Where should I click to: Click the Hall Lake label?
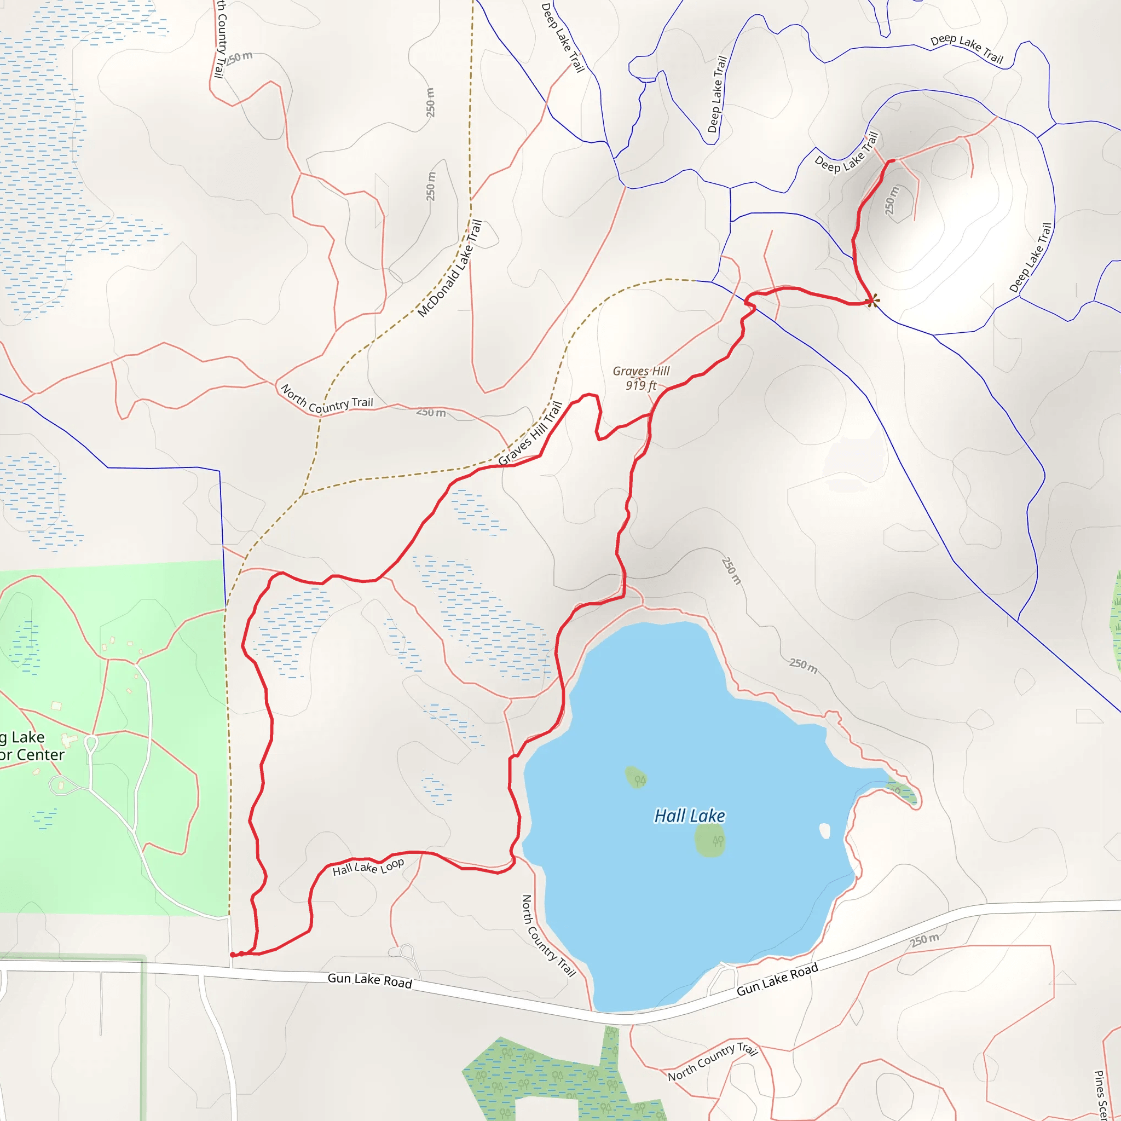(689, 816)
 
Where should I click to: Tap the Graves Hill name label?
(641, 371)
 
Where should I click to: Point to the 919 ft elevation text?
(640, 385)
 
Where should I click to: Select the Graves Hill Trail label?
(530, 434)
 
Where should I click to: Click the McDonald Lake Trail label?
(450, 269)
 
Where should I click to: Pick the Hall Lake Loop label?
(368, 868)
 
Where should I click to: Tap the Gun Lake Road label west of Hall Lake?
(369, 980)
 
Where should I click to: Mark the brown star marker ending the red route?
(872, 301)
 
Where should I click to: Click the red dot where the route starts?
(233, 955)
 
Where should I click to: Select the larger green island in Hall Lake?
(710, 840)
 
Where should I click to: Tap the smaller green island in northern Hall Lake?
(636, 777)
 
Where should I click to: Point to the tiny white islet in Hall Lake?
(824, 831)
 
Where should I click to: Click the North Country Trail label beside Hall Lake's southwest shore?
(548, 936)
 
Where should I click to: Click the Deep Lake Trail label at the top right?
(967, 48)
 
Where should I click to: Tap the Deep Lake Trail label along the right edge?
(1031, 258)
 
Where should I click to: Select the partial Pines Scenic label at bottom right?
(1100, 1094)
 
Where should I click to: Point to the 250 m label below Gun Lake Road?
(924, 940)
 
